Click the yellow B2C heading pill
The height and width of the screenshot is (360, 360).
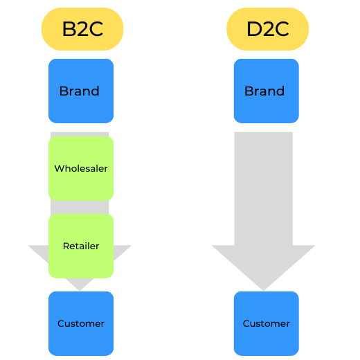pyautogui.click(x=82, y=30)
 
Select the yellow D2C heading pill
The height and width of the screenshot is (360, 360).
pyautogui.click(x=267, y=30)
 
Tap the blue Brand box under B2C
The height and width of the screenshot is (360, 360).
pyautogui.click(x=81, y=91)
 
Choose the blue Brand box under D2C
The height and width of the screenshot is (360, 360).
pyautogui.click(x=267, y=91)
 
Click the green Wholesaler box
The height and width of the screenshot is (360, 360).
pyautogui.click(x=81, y=168)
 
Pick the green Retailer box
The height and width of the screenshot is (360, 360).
pyautogui.click(x=81, y=246)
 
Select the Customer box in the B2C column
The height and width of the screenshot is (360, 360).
pyautogui.click(x=81, y=323)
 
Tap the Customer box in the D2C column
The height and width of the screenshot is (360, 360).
pyautogui.click(x=267, y=323)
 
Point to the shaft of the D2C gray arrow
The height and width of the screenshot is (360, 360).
pyautogui.click(x=264, y=187)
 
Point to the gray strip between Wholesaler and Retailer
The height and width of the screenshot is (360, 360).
pyautogui.click(x=80, y=207)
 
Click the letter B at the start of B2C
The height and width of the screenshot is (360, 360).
pyautogui.click(x=68, y=30)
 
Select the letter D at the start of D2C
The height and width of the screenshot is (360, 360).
pyautogui.click(x=253, y=30)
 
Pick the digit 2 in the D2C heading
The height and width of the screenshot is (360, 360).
pyautogui.click(x=268, y=30)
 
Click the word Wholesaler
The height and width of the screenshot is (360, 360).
pyautogui.click(x=81, y=168)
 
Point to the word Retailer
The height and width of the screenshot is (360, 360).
pyautogui.click(x=81, y=246)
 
